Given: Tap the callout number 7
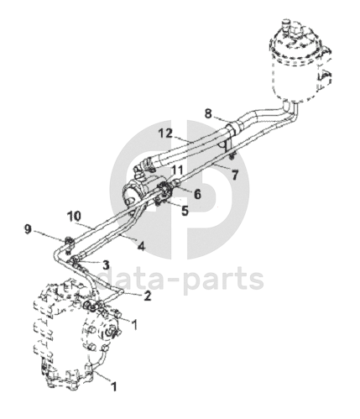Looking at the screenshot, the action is (x=234, y=175).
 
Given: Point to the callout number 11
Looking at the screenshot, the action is (x=178, y=170).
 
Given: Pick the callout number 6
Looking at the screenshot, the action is (x=197, y=194).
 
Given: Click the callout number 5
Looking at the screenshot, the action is (x=185, y=212).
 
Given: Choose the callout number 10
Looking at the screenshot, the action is (x=74, y=217).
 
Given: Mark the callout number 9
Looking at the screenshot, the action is (x=27, y=230).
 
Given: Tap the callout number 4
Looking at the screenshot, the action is (x=142, y=246).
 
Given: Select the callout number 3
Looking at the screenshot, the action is (x=106, y=264).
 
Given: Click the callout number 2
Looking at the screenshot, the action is (x=147, y=296).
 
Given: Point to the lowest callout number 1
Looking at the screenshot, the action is (x=113, y=386).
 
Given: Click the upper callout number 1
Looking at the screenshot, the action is (x=134, y=325).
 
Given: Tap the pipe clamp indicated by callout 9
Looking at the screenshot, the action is (x=69, y=243).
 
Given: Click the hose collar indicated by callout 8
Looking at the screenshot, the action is (x=233, y=128).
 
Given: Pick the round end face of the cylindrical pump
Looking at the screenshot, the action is (x=130, y=195).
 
